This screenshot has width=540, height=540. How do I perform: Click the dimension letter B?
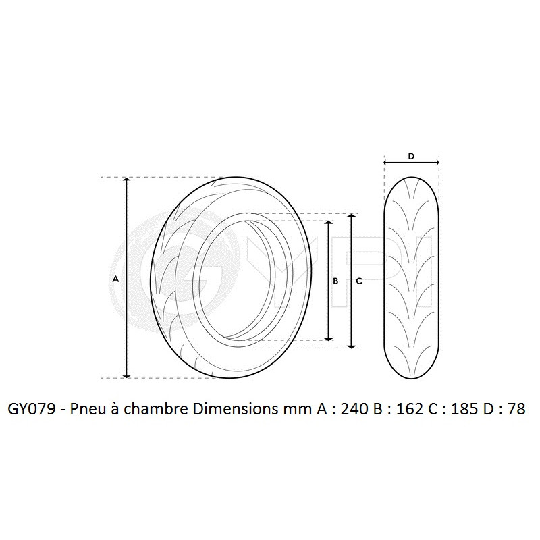tap(335, 281)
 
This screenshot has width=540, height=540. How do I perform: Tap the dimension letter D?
tap(411, 156)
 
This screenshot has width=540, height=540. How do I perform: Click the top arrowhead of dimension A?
tap(126, 181)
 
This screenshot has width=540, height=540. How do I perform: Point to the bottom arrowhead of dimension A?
tap(126, 374)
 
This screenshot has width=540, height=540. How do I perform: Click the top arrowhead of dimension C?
tap(350, 217)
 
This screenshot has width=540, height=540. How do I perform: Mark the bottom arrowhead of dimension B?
tap(329, 337)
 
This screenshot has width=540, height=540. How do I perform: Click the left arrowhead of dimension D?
tap(386, 163)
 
